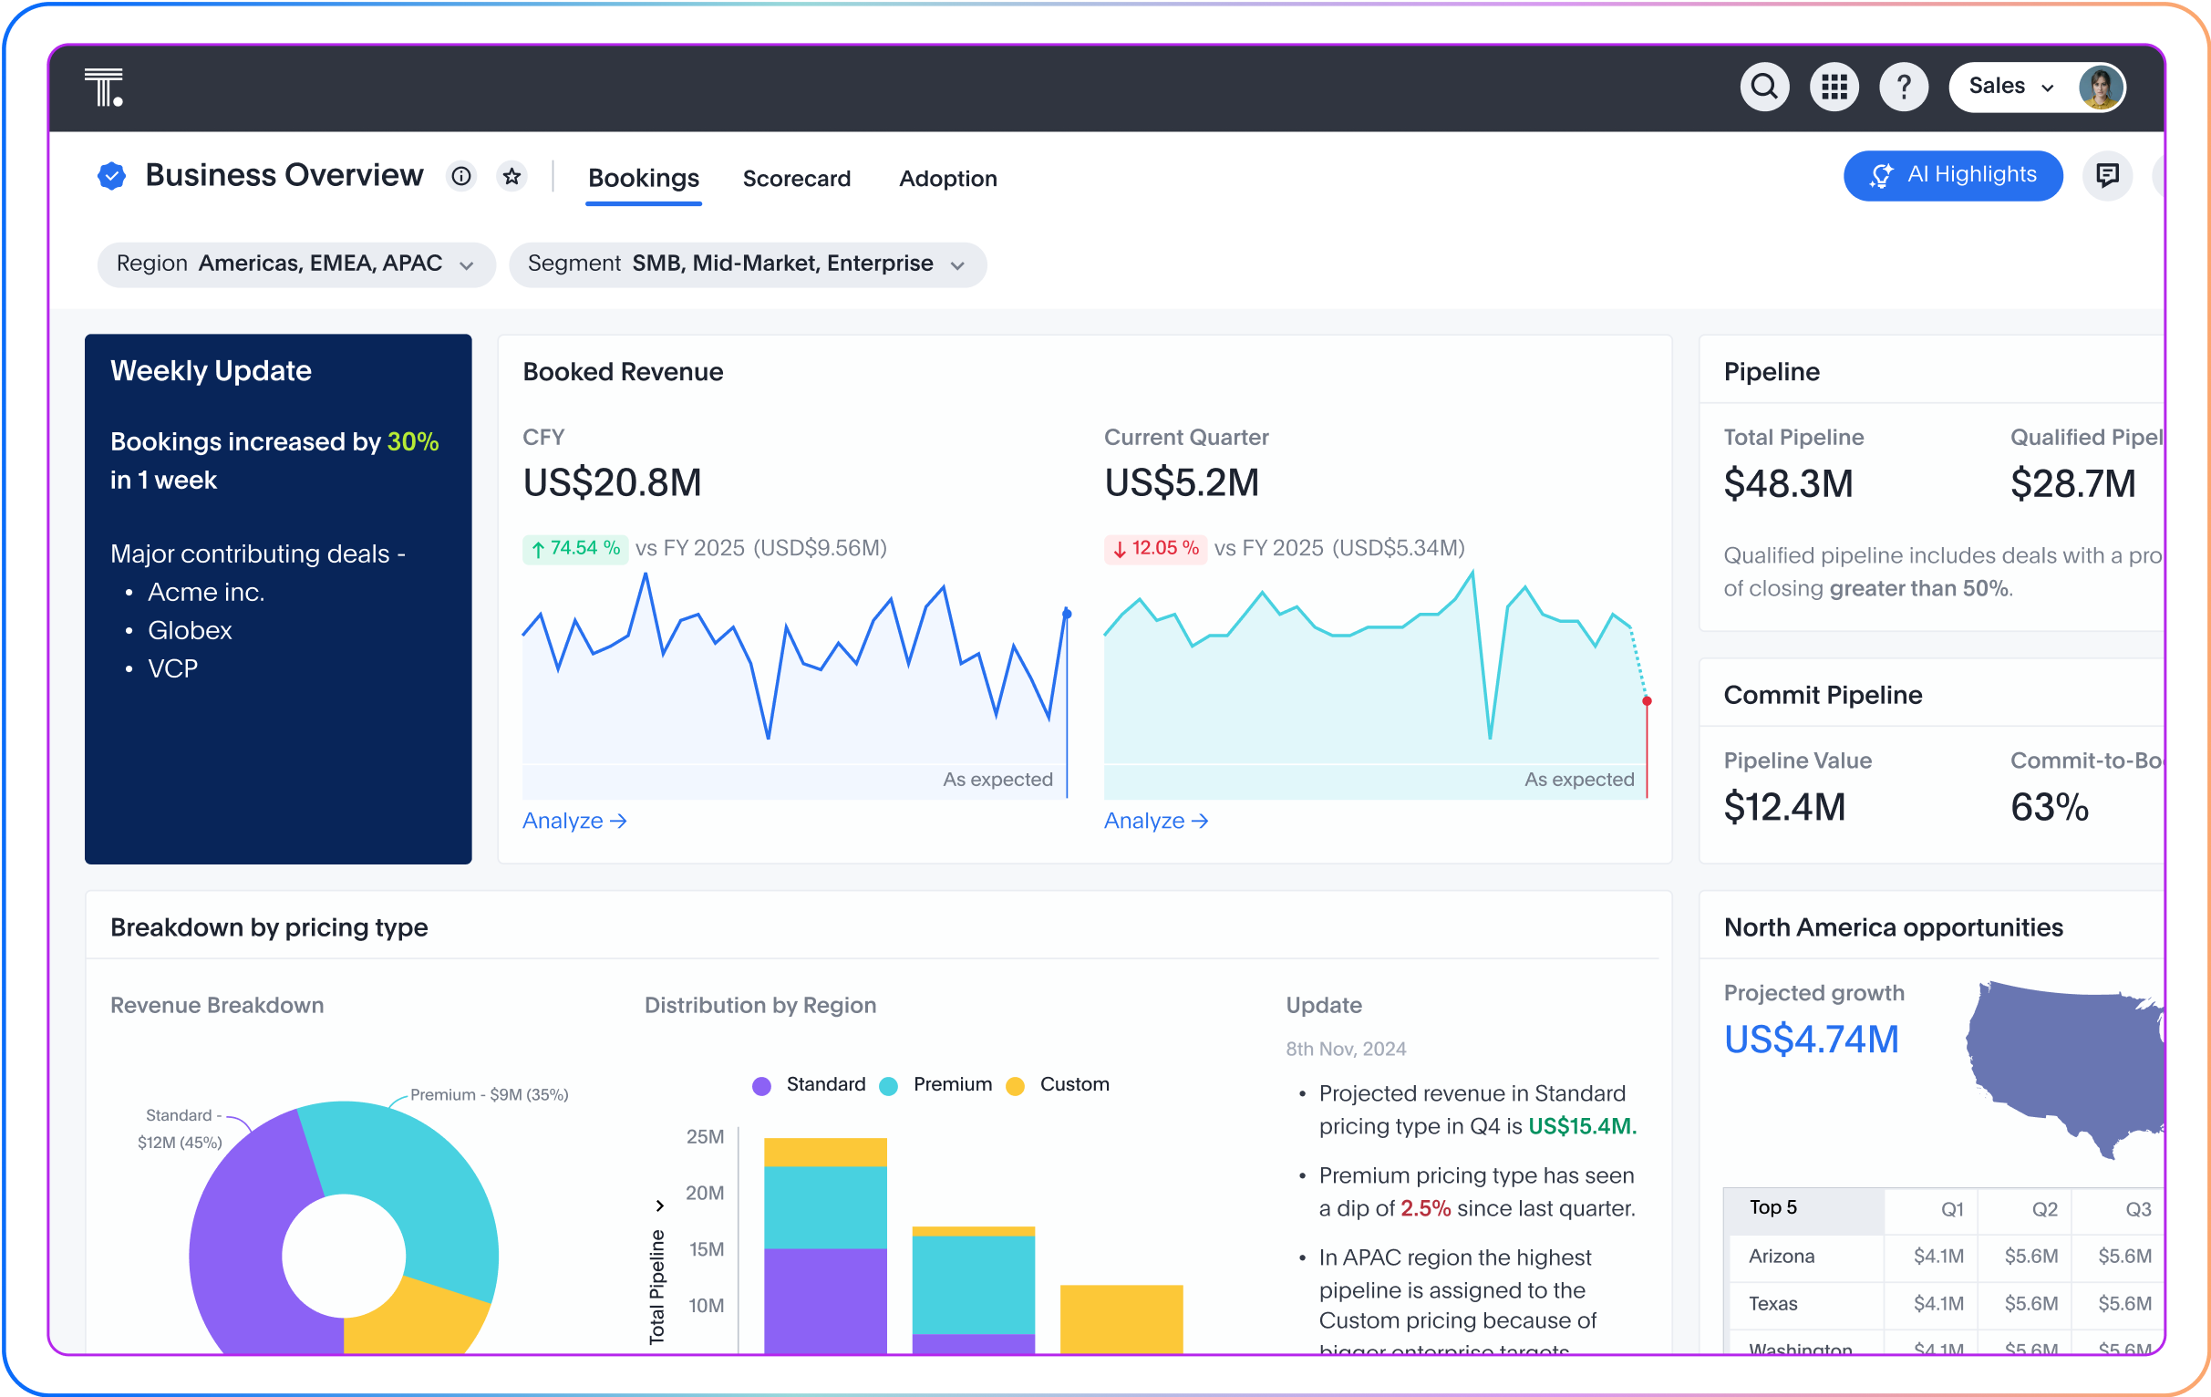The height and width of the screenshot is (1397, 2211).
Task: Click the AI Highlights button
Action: click(1952, 175)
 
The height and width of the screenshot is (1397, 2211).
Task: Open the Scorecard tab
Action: click(796, 179)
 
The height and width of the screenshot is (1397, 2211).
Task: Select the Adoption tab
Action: click(947, 179)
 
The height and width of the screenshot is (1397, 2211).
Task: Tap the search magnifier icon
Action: click(1764, 88)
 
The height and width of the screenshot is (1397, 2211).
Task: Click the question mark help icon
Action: click(1904, 88)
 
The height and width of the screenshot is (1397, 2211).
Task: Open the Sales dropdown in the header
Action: click(2010, 88)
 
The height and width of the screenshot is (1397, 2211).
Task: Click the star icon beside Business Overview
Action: click(511, 175)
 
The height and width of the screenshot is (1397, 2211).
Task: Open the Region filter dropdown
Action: click(295, 264)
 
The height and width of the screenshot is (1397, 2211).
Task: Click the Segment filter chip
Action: click(747, 264)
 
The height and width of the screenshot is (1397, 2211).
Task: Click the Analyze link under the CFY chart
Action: click(573, 821)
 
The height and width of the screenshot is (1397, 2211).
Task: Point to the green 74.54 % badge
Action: click(574, 548)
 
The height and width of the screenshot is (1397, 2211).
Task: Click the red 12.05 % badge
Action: click(1155, 548)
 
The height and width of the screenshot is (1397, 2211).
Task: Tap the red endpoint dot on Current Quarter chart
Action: click(1648, 702)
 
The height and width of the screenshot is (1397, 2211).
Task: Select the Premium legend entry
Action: click(936, 1085)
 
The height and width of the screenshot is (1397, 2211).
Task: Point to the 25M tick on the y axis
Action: click(705, 1137)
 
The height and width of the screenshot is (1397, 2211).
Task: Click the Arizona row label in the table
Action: click(1782, 1257)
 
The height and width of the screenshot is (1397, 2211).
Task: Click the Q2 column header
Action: click(2044, 1210)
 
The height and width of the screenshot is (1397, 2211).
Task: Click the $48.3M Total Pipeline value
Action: click(1788, 484)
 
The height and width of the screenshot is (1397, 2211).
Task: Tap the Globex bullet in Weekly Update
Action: click(189, 631)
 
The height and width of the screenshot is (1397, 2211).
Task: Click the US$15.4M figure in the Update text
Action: click(1581, 1127)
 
